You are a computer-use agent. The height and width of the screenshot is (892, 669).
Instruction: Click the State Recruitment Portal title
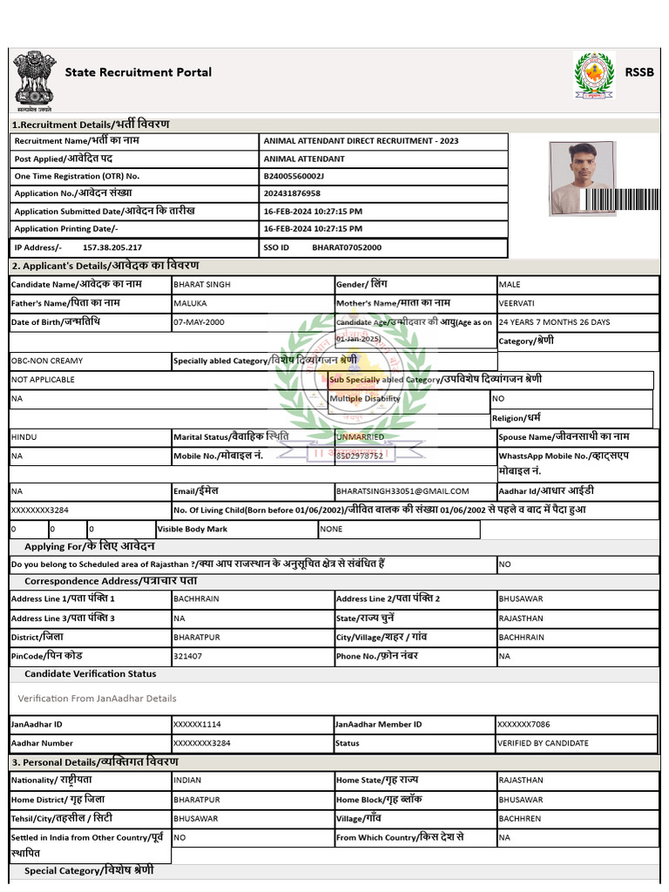tap(138, 72)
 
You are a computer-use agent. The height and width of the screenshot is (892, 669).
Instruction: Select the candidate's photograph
tap(581, 178)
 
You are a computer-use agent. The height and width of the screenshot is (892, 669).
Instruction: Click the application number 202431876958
tap(292, 193)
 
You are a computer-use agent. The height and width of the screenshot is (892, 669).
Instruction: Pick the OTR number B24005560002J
tap(294, 176)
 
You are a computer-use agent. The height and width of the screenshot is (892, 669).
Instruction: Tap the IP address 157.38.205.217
tap(111, 247)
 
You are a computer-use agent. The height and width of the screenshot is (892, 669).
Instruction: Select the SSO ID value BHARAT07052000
tap(347, 247)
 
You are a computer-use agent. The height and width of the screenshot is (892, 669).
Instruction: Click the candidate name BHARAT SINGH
tap(202, 285)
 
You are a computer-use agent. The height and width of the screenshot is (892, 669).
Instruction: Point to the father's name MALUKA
tap(191, 303)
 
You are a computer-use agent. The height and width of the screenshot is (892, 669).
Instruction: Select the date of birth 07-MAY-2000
tap(199, 322)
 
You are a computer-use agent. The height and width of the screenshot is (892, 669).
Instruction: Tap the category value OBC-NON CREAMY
tap(47, 361)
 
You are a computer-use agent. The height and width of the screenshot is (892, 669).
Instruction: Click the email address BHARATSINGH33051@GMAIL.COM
tap(402, 491)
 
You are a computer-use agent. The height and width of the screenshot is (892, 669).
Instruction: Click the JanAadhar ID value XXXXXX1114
tap(197, 725)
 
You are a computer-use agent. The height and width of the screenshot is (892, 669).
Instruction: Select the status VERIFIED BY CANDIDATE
tap(543, 744)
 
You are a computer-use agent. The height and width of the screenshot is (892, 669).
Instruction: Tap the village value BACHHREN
tap(519, 819)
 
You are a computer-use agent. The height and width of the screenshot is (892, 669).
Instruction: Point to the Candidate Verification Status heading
tap(91, 673)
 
